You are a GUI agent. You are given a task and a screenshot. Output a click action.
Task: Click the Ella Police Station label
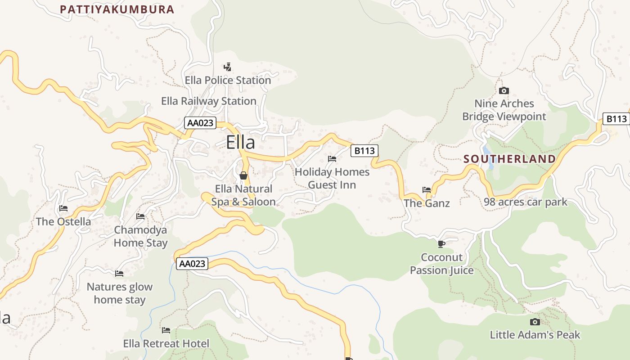[x=228, y=80]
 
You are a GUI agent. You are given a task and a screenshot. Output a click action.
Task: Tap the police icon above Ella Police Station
[x=228, y=67]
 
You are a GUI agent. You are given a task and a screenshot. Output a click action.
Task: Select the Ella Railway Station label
[x=209, y=101]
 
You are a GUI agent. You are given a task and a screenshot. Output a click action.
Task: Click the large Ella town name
[x=240, y=142]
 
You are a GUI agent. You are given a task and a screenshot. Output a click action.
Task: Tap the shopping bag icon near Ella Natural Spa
[x=243, y=175]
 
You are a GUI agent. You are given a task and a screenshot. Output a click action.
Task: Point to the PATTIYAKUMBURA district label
[x=117, y=9]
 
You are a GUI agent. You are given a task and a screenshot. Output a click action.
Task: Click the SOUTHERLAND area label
[x=509, y=159]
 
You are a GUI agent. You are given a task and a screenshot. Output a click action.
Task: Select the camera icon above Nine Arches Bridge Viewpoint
[x=504, y=90]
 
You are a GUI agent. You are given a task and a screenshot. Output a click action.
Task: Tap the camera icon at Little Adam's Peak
[x=535, y=322]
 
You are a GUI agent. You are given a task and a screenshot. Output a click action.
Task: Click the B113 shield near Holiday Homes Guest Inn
[x=364, y=151]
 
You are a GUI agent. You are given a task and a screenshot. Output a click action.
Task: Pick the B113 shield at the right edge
[x=616, y=119]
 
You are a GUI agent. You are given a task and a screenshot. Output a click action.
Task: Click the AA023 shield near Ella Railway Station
[x=200, y=123]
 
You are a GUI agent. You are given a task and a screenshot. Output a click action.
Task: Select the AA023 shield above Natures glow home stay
[x=192, y=264]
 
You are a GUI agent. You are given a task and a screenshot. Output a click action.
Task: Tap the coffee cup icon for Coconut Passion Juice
[x=441, y=244]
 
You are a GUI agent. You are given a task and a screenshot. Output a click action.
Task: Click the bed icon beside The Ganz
[x=427, y=189]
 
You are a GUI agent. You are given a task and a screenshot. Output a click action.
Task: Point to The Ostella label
[x=63, y=221]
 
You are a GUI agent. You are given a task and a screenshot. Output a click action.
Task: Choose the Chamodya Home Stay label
[x=140, y=236]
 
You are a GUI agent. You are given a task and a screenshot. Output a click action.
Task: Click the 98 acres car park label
[x=526, y=202]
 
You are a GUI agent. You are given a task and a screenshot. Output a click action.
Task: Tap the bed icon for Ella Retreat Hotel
[x=166, y=330]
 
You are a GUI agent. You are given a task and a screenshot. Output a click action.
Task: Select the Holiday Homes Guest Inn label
[x=332, y=178]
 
